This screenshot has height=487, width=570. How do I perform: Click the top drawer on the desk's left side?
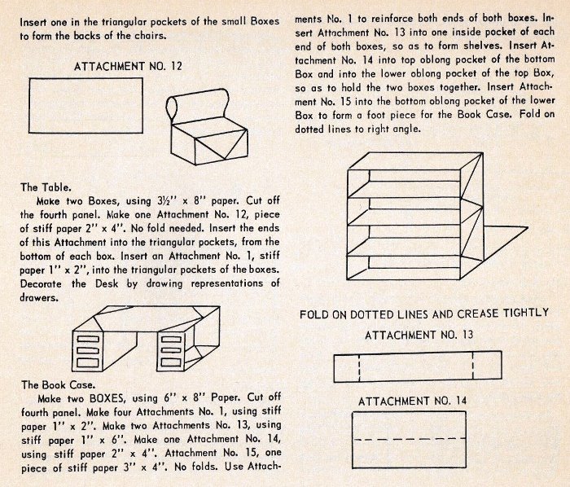click(x=87, y=339)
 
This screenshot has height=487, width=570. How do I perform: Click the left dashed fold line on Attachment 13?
click(x=359, y=366)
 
